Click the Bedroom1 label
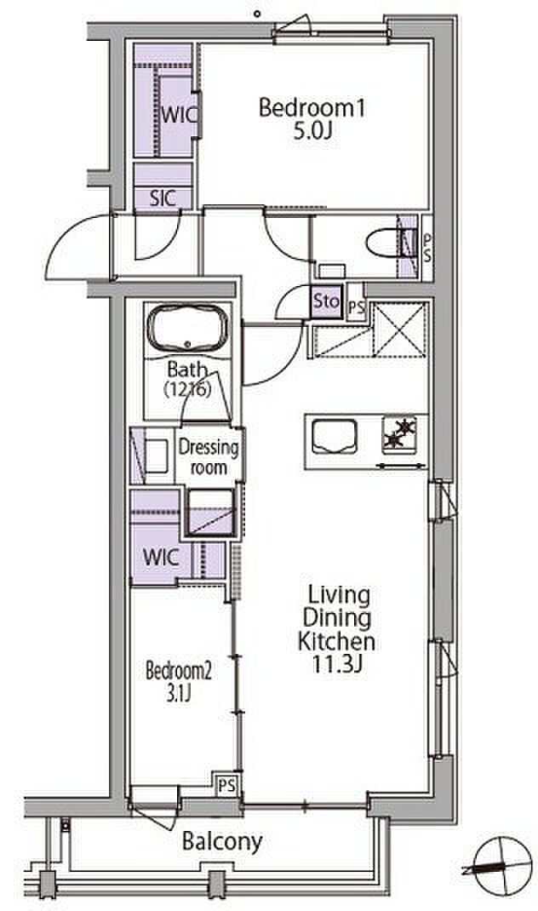coord(312,108)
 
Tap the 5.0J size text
coord(312,131)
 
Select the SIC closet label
coord(163,198)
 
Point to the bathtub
coord(188,327)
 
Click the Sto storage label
coord(326,301)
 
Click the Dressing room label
coord(208,457)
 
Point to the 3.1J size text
coord(179,694)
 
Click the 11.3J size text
coord(337,663)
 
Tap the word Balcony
coord(222,840)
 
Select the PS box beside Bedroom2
coord(227,786)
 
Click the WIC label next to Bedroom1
coord(179,115)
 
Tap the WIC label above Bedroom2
coord(161,557)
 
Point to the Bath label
coord(187,369)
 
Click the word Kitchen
coord(336,641)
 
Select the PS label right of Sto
coord(356,308)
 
